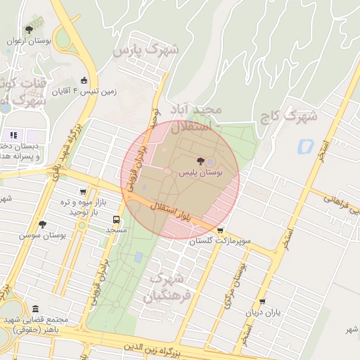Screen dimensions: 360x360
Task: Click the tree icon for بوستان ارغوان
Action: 28,30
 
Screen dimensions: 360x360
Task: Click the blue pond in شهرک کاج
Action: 306,147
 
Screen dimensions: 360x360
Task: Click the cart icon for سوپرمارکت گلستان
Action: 221,230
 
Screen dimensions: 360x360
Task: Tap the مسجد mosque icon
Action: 117,219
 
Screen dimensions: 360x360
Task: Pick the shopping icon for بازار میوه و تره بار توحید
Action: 84,191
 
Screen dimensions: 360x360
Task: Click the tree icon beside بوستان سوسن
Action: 42,224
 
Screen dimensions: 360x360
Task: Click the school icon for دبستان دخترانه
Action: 13,134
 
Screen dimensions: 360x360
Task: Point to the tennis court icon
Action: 85,79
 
